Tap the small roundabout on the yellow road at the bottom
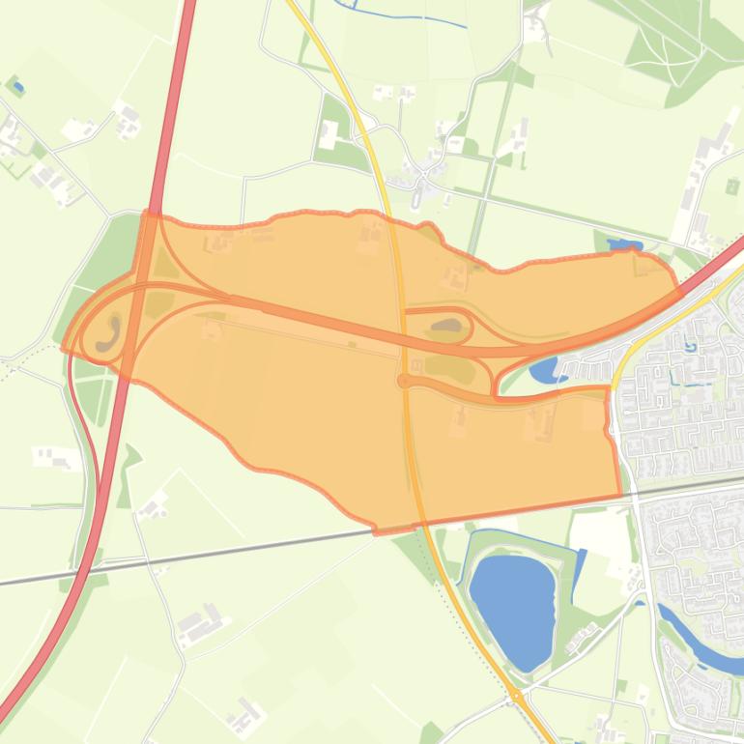pyautogui.click(x=518, y=695)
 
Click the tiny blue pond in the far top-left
pyautogui.click(x=17, y=87)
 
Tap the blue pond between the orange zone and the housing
pyautogui.click(x=543, y=368)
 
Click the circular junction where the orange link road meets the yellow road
pyautogui.click(x=403, y=381)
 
